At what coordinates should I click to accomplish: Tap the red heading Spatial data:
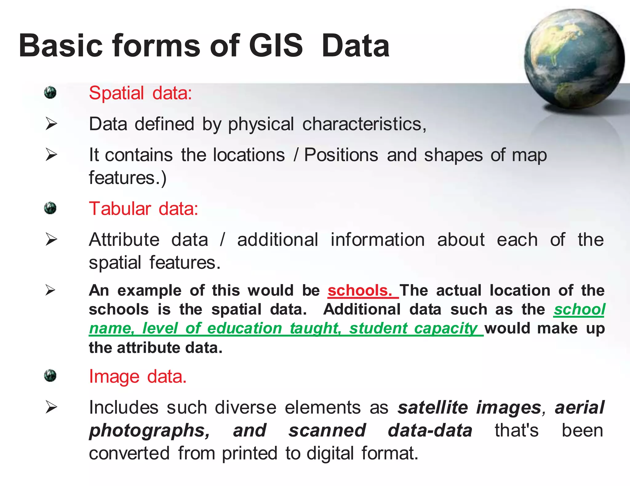coord(140,93)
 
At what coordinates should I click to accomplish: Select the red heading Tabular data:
coord(143,209)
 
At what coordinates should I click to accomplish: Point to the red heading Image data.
coord(138,376)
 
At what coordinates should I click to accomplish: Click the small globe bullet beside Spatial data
coord(50,92)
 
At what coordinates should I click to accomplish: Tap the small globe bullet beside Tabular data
coord(50,208)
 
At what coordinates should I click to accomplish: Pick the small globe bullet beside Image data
coord(50,376)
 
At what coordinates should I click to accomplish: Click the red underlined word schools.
coord(359,290)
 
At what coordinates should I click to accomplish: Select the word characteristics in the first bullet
coord(364,124)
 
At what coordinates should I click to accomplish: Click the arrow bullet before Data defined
coord(51,124)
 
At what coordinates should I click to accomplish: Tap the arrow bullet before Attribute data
coord(51,240)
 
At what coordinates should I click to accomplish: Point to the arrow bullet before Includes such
coord(51,407)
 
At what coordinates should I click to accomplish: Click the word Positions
coord(341,155)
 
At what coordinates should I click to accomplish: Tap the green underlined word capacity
coord(445,328)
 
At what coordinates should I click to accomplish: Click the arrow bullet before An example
coord(50,290)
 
